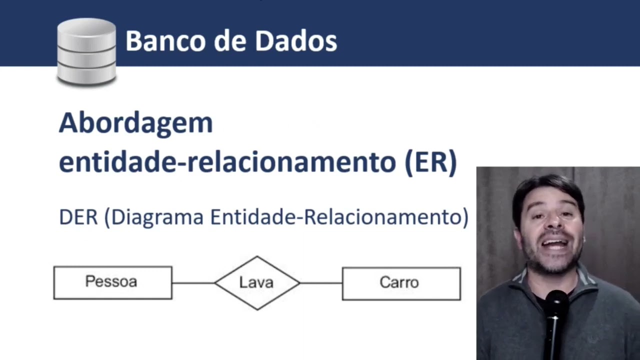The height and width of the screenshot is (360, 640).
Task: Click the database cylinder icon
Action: (86, 51)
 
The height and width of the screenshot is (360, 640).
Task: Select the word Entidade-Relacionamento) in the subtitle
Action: (339, 217)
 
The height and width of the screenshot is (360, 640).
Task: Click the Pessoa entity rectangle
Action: (112, 282)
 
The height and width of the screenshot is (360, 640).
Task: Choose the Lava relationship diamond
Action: (257, 283)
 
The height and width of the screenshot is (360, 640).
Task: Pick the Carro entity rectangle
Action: (401, 283)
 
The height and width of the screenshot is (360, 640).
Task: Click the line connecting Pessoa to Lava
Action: (193, 283)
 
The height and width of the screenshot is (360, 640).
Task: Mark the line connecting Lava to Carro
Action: (321, 283)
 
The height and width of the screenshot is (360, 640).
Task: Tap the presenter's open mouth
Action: (554, 244)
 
